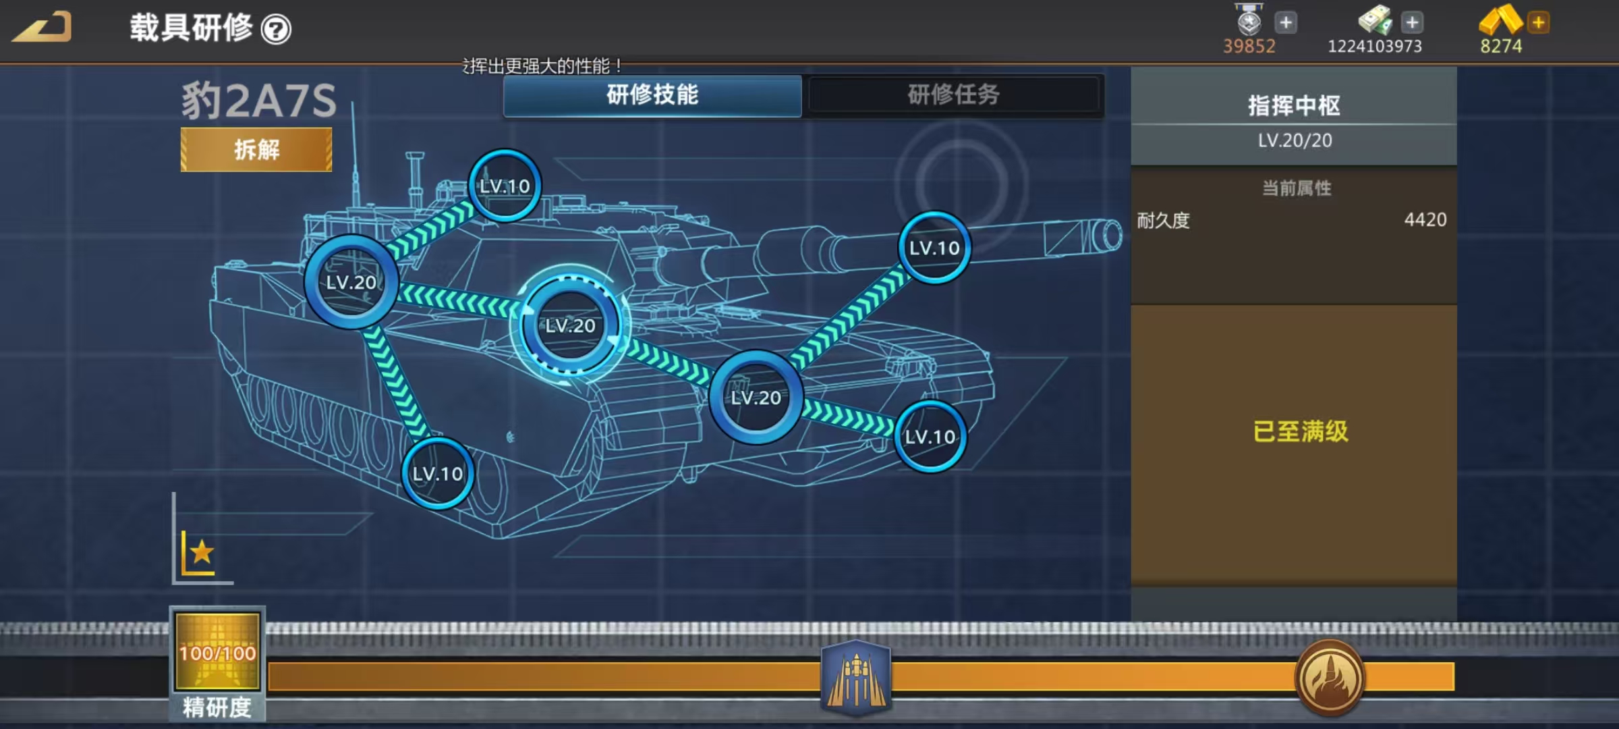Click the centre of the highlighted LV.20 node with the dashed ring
point(571,325)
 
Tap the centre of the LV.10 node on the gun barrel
point(934,248)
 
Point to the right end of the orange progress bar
point(1454,676)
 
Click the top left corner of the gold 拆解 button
point(181,128)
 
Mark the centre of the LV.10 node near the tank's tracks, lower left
point(438,474)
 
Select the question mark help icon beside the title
point(276,29)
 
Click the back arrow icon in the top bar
point(42,28)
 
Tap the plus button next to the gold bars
point(1539,22)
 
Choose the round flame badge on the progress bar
point(1330,677)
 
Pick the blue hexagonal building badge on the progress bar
point(856,677)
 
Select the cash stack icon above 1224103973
point(1375,20)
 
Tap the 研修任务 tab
point(953,94)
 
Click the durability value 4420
point(1425,219)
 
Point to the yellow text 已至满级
point(1301,431)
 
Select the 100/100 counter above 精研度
point(218,653)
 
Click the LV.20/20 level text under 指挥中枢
point(1295,140)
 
